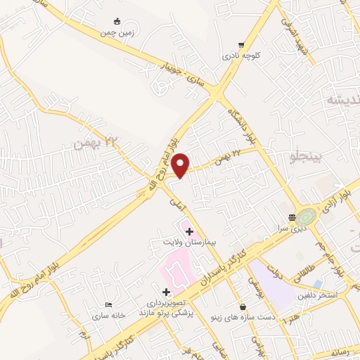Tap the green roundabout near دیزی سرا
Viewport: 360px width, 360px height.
(307, 217)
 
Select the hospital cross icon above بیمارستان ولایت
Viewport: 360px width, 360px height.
(188, 231)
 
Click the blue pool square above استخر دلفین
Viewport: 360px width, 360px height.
(318, 284)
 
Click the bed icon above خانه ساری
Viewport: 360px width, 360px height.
(108, 304)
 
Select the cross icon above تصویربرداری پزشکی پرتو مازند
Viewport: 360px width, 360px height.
(166, 291)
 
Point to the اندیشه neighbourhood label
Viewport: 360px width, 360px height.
(345, 100)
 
